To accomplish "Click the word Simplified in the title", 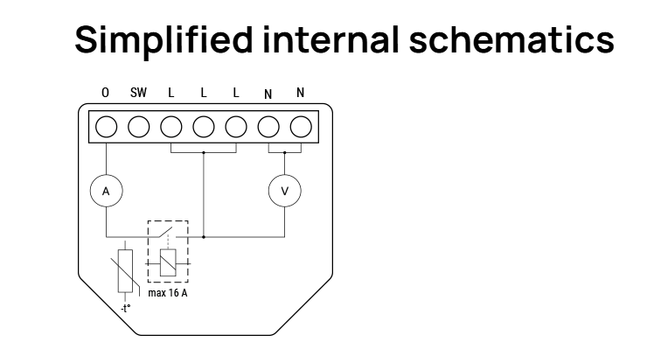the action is tap(163, 40).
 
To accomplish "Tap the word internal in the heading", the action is tap(330, 39).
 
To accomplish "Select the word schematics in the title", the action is tap(511, 40).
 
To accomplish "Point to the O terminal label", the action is tap(105, 93).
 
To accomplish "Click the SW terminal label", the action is tap(138, 93).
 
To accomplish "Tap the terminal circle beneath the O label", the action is tap(106, 127).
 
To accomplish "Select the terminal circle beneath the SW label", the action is tap(139, 127).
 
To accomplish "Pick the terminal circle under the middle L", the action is tap(204, 127).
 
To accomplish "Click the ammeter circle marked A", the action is tap(106, 192).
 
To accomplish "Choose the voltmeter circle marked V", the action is tap(285, 192).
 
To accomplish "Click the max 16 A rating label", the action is tap(168, 293).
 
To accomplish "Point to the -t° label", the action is tap(125, 309).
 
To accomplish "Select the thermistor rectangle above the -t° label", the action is tap(125, 271).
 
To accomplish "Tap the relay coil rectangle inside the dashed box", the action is tap(168, 262).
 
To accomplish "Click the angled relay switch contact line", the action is tap(163, 232).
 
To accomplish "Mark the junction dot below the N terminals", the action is tap(285, 153).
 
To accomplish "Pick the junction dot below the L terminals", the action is tap(204, 153).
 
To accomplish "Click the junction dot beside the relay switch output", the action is tap(204, 237).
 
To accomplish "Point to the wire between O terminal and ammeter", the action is tap(106, 159).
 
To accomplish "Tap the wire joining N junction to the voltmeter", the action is tap(285, 164).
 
